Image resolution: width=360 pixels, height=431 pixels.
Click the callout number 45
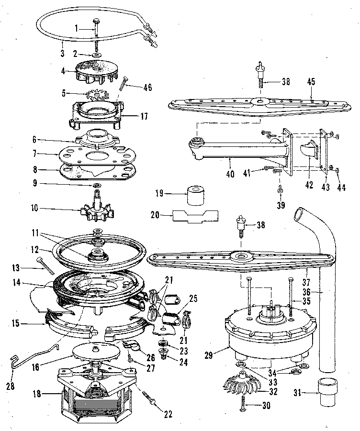(x=311, y=82)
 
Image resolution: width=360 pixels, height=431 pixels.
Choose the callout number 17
(x=144, y=116)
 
